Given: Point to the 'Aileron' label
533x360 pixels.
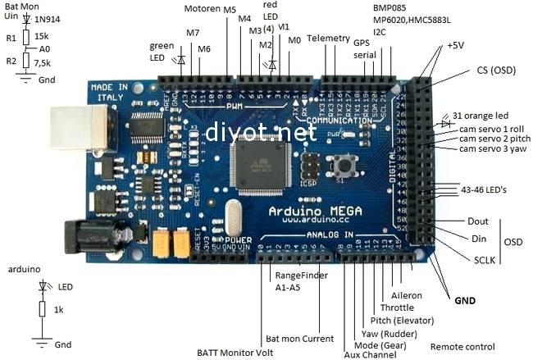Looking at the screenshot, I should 406,294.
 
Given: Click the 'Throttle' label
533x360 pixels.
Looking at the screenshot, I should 397,307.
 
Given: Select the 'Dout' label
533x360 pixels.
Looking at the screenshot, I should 478,221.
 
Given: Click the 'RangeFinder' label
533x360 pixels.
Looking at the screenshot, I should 301,276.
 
